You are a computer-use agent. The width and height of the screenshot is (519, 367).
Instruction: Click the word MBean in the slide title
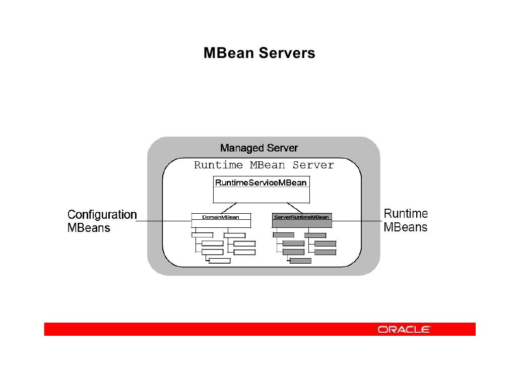pyautogui.click(x=228, y=53)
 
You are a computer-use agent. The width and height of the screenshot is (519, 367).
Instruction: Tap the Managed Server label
pyautogui.click(x=259, y=148)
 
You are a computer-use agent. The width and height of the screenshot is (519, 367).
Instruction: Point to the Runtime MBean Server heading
pyautogui.click(x=264, y=165)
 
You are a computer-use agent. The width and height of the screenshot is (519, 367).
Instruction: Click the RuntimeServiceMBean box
pyautogui.click(x=261, y=189)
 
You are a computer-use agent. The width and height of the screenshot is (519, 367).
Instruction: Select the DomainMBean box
pyautogui.click(x=221, y=217)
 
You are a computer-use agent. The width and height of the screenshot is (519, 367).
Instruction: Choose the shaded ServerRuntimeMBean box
pyautogui.click(x=301, y=217)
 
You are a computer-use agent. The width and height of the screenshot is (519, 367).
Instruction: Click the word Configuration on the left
pyautogui.click(x=102, y=215)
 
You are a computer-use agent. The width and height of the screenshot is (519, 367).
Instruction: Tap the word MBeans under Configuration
pyautogui.click(x=89, y=228)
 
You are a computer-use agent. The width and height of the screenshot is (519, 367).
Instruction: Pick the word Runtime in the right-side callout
pyautogui.click(x=406, y=214)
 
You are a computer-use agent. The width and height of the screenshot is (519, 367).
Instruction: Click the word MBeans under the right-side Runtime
pyautogui.click(x=406, y=227)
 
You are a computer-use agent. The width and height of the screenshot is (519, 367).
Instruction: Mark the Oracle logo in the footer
pyautogui.click(x=404, y=330)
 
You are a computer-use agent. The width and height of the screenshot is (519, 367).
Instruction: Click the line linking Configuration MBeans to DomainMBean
pyautogui.click(x=164, y=221)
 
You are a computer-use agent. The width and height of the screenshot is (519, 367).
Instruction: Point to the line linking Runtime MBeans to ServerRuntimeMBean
pyautogui.click(x=355, y=221)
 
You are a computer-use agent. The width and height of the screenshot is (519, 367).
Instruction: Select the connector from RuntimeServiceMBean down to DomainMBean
pyautogui.click(x=231, y=207)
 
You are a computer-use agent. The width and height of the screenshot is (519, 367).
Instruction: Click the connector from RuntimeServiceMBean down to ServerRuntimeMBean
pyautogui.click(x=294, y=207)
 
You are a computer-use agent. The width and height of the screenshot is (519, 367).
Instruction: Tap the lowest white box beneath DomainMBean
pyautogui.click(x=219, y=261)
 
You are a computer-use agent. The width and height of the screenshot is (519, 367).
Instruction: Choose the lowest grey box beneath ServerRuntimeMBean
pyautogui.click(x=300, y=261)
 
